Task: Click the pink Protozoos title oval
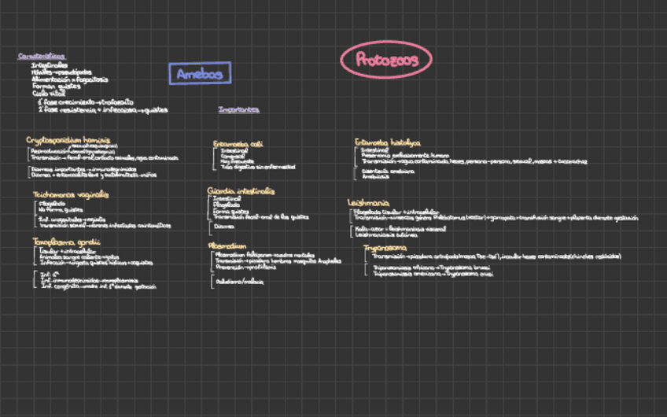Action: click(x=385, y=60)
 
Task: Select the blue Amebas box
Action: click(x=200, y=74)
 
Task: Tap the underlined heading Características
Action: click(x=42, y=56)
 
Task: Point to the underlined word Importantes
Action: click(x=238, y=109)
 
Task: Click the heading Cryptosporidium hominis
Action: click(x=68, y=139)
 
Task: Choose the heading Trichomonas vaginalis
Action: click(x=71, y=194)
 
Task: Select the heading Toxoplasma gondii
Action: click(x=66, y=241)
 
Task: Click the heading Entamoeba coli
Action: click(x=238, y=144)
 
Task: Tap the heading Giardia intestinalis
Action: click(x=241, y=190)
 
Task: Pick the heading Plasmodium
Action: click(x=230, y=245)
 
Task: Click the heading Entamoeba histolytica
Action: click(x=387, y=142)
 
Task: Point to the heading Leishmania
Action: click(x=368, y=202)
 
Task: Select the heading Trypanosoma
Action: click(x=385, y=247)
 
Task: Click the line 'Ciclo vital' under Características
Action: click(x=47, y=94)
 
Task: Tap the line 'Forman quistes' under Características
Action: click(x=53, y=87)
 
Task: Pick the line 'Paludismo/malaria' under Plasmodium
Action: click(x=239, y=281)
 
